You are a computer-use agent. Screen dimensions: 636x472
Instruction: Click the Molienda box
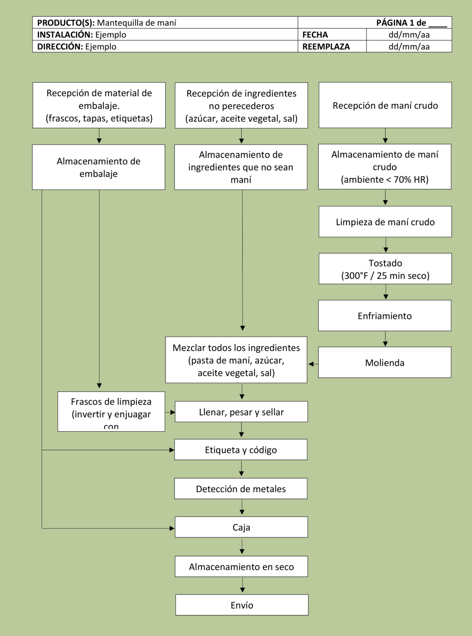(x=385, y=363)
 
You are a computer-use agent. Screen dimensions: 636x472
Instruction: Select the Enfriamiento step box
(x=385, y=316)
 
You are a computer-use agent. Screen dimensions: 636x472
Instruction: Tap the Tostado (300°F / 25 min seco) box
(x=385, y=269)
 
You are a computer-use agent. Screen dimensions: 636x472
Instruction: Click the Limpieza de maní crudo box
(x=385, y=222)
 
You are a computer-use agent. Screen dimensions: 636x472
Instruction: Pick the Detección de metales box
(x=241, y=489)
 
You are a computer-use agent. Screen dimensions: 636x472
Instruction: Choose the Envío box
(x=242, y=605)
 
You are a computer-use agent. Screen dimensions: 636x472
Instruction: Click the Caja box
(x=241, y=527)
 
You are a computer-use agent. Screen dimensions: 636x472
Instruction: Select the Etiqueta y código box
(x=241, y=450)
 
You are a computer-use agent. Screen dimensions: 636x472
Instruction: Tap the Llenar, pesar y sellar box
(x=241, y=412)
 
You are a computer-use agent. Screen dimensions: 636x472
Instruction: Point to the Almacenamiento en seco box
(x=241, y=567)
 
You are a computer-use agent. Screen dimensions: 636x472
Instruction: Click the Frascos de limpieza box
(x=111, y=412)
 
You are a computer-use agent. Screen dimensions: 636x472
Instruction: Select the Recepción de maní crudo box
(x=385, y=105)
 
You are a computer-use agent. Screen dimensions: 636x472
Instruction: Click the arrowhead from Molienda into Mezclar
(x=311, y=364)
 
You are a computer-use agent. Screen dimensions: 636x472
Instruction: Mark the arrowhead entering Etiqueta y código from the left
(x=172, y=450)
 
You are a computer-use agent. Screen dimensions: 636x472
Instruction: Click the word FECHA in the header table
(x=315, y=35)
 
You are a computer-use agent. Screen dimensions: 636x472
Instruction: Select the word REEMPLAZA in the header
(x=326, y=46)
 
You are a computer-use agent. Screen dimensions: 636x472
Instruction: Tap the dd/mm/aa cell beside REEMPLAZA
(x=409, y=46)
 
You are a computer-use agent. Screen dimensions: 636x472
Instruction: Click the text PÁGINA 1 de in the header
(x=401, y=23)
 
